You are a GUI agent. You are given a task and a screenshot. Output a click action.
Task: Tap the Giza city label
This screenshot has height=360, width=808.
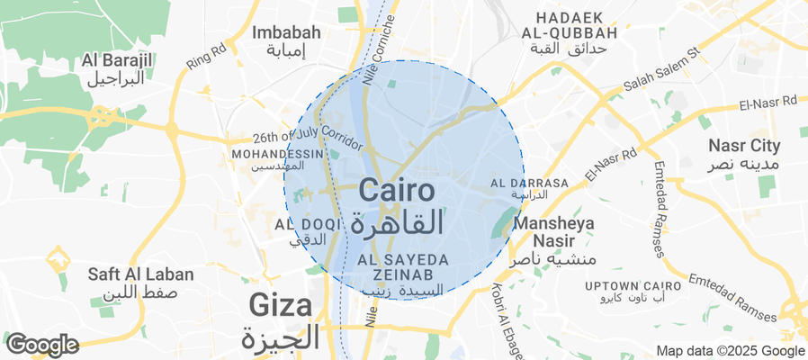pos(282,319)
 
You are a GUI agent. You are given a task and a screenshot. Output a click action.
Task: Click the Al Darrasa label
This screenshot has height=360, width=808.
pos(530,188)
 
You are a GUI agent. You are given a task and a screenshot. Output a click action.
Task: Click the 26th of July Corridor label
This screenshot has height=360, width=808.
pos(308,141)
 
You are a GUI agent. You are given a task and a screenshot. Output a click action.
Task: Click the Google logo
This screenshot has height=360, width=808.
pos(42,344)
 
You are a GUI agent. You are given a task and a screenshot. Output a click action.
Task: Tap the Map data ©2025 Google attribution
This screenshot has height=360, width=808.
pos(730,351)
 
